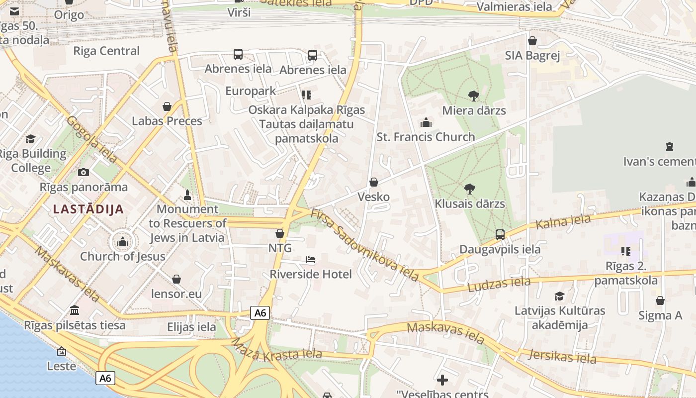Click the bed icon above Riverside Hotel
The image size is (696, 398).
click(x=311, y=260)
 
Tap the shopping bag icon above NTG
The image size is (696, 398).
click(x=280, y=233)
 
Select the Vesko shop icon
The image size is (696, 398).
click(x=374, y=183)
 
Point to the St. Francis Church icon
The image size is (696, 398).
click(x=426, y=122)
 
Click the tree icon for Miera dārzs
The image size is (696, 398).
click(x=474, y=96)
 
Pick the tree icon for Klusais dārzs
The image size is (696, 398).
click(x=469, y=189)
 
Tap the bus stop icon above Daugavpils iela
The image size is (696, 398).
click(x=500, y=234)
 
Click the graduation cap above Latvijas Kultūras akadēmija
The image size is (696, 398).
click(x=560, y=296)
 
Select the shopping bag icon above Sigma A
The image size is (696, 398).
click(x=660, y=300)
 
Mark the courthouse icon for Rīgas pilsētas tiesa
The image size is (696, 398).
click(x=75, y=310)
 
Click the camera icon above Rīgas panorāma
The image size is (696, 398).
click(x=84, y=173)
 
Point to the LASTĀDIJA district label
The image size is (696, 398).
click(x=88, y=209)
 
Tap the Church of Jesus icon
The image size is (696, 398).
click(x=122, y=242)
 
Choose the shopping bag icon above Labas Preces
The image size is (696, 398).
click(x=167, y=106)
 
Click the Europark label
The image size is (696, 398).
click(x=251, y=91)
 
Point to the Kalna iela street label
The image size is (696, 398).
click(x=563, y=221)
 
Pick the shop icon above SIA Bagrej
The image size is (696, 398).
click(x=532, y=41)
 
